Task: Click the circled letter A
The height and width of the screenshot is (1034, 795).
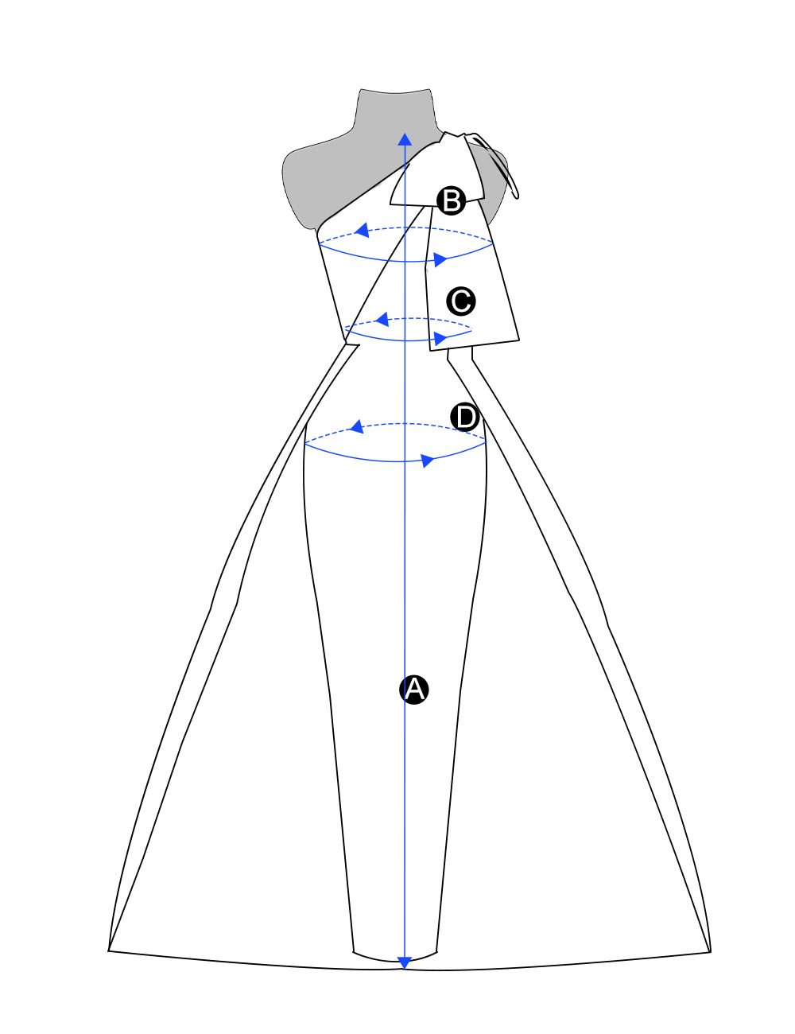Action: point(413,689)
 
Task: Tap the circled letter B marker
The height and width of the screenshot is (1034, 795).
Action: point(451,200)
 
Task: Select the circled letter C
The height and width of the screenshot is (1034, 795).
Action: point(461,301)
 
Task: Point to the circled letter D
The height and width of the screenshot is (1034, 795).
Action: point(465,417)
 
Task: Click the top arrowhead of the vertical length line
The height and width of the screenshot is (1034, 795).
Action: point(405,139)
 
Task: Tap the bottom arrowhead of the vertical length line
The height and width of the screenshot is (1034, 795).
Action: point(404,962)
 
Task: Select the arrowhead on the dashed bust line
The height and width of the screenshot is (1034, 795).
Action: point(363,231)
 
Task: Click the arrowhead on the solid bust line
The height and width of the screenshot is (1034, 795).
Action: point(440,260)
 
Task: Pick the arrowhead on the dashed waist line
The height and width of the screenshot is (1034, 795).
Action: point(382,319)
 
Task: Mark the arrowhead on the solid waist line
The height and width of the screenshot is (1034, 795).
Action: point(440,339)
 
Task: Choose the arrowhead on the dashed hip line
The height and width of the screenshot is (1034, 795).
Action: point(357,427)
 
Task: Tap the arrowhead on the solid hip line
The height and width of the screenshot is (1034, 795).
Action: point(427,461)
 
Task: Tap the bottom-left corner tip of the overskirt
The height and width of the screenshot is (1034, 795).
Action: point(108,951)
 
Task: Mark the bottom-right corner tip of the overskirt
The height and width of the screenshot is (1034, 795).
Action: point(711,952)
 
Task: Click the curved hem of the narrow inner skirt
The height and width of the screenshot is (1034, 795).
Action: point(394,960)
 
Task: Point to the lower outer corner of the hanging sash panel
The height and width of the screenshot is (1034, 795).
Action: point(519,340)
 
